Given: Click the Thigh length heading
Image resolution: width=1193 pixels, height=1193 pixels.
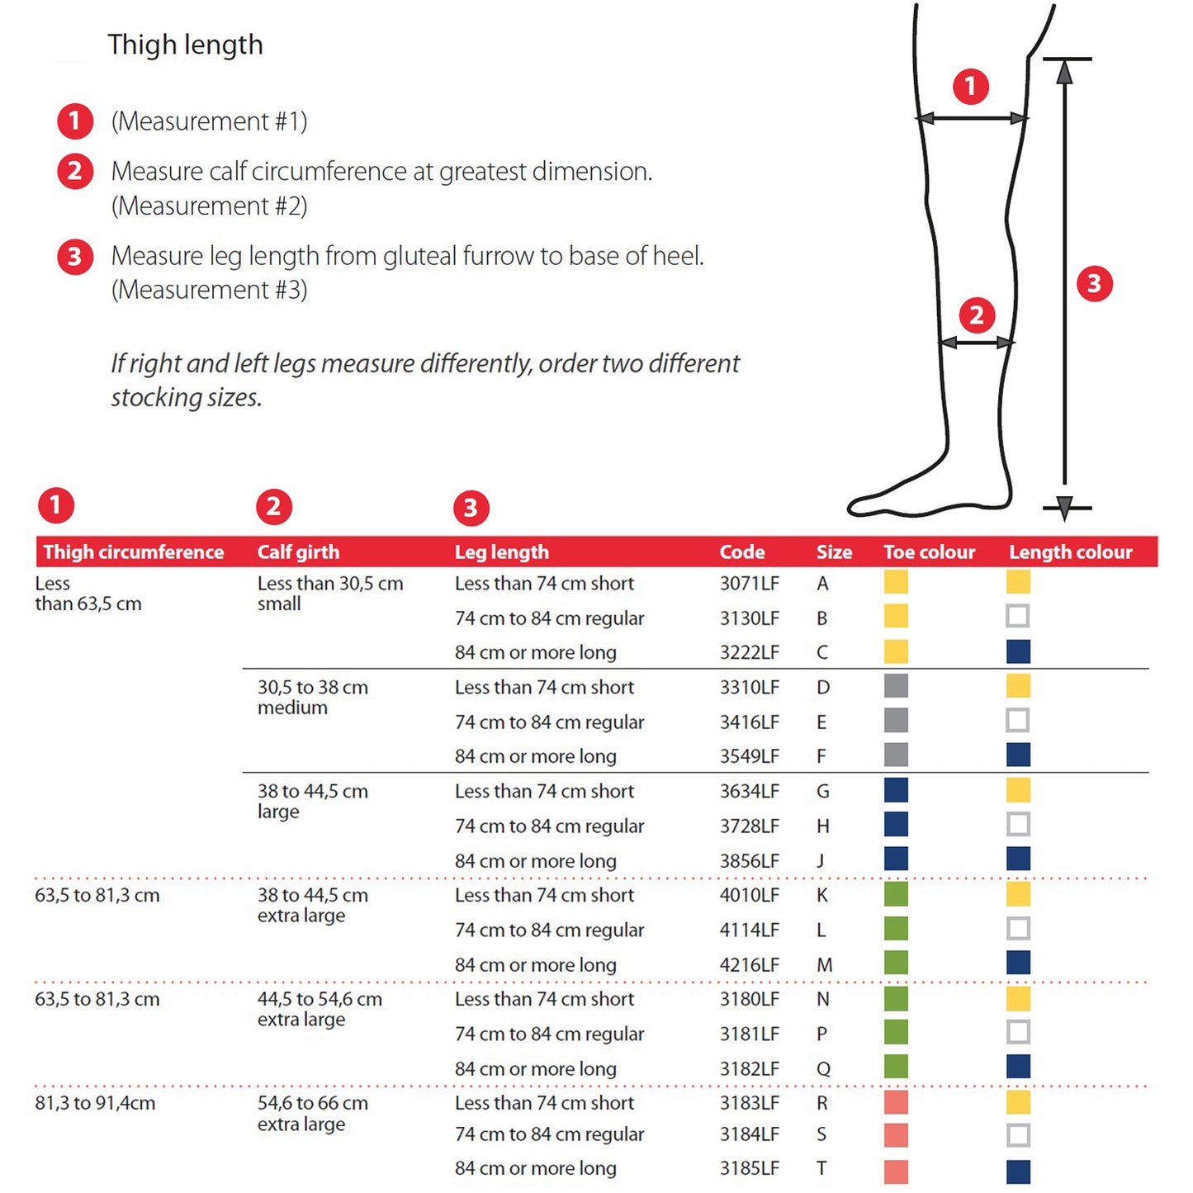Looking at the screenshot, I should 185,45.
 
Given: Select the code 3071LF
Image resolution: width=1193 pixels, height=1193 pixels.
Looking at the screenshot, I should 749,584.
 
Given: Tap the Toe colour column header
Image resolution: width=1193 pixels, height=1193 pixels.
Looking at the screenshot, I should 929,552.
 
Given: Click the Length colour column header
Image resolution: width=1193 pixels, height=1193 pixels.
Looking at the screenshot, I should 1070,552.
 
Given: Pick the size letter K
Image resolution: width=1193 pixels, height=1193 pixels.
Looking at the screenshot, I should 822,895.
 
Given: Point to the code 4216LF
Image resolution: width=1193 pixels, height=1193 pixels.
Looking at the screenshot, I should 749,964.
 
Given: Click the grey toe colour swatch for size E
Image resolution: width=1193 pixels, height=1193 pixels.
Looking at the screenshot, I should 896,720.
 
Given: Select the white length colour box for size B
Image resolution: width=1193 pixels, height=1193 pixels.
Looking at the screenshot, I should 1018,616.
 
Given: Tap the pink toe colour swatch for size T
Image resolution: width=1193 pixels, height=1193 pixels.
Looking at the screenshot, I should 896,1171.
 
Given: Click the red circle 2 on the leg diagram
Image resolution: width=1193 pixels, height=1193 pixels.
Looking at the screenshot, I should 977,315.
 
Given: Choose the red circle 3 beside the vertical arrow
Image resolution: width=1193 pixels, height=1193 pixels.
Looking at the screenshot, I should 1095,284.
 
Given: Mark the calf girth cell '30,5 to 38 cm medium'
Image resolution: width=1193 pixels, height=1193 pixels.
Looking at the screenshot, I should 312,698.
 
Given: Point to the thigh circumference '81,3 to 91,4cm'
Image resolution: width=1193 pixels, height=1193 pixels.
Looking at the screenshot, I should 95,1103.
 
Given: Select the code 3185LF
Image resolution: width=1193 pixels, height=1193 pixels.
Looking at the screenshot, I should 749,1168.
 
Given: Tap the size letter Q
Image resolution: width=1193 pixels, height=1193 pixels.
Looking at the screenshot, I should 823,1068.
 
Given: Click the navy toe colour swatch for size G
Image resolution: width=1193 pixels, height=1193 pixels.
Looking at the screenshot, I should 896,790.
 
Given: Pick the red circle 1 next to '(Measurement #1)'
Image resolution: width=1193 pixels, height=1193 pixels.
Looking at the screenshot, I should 74,121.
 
